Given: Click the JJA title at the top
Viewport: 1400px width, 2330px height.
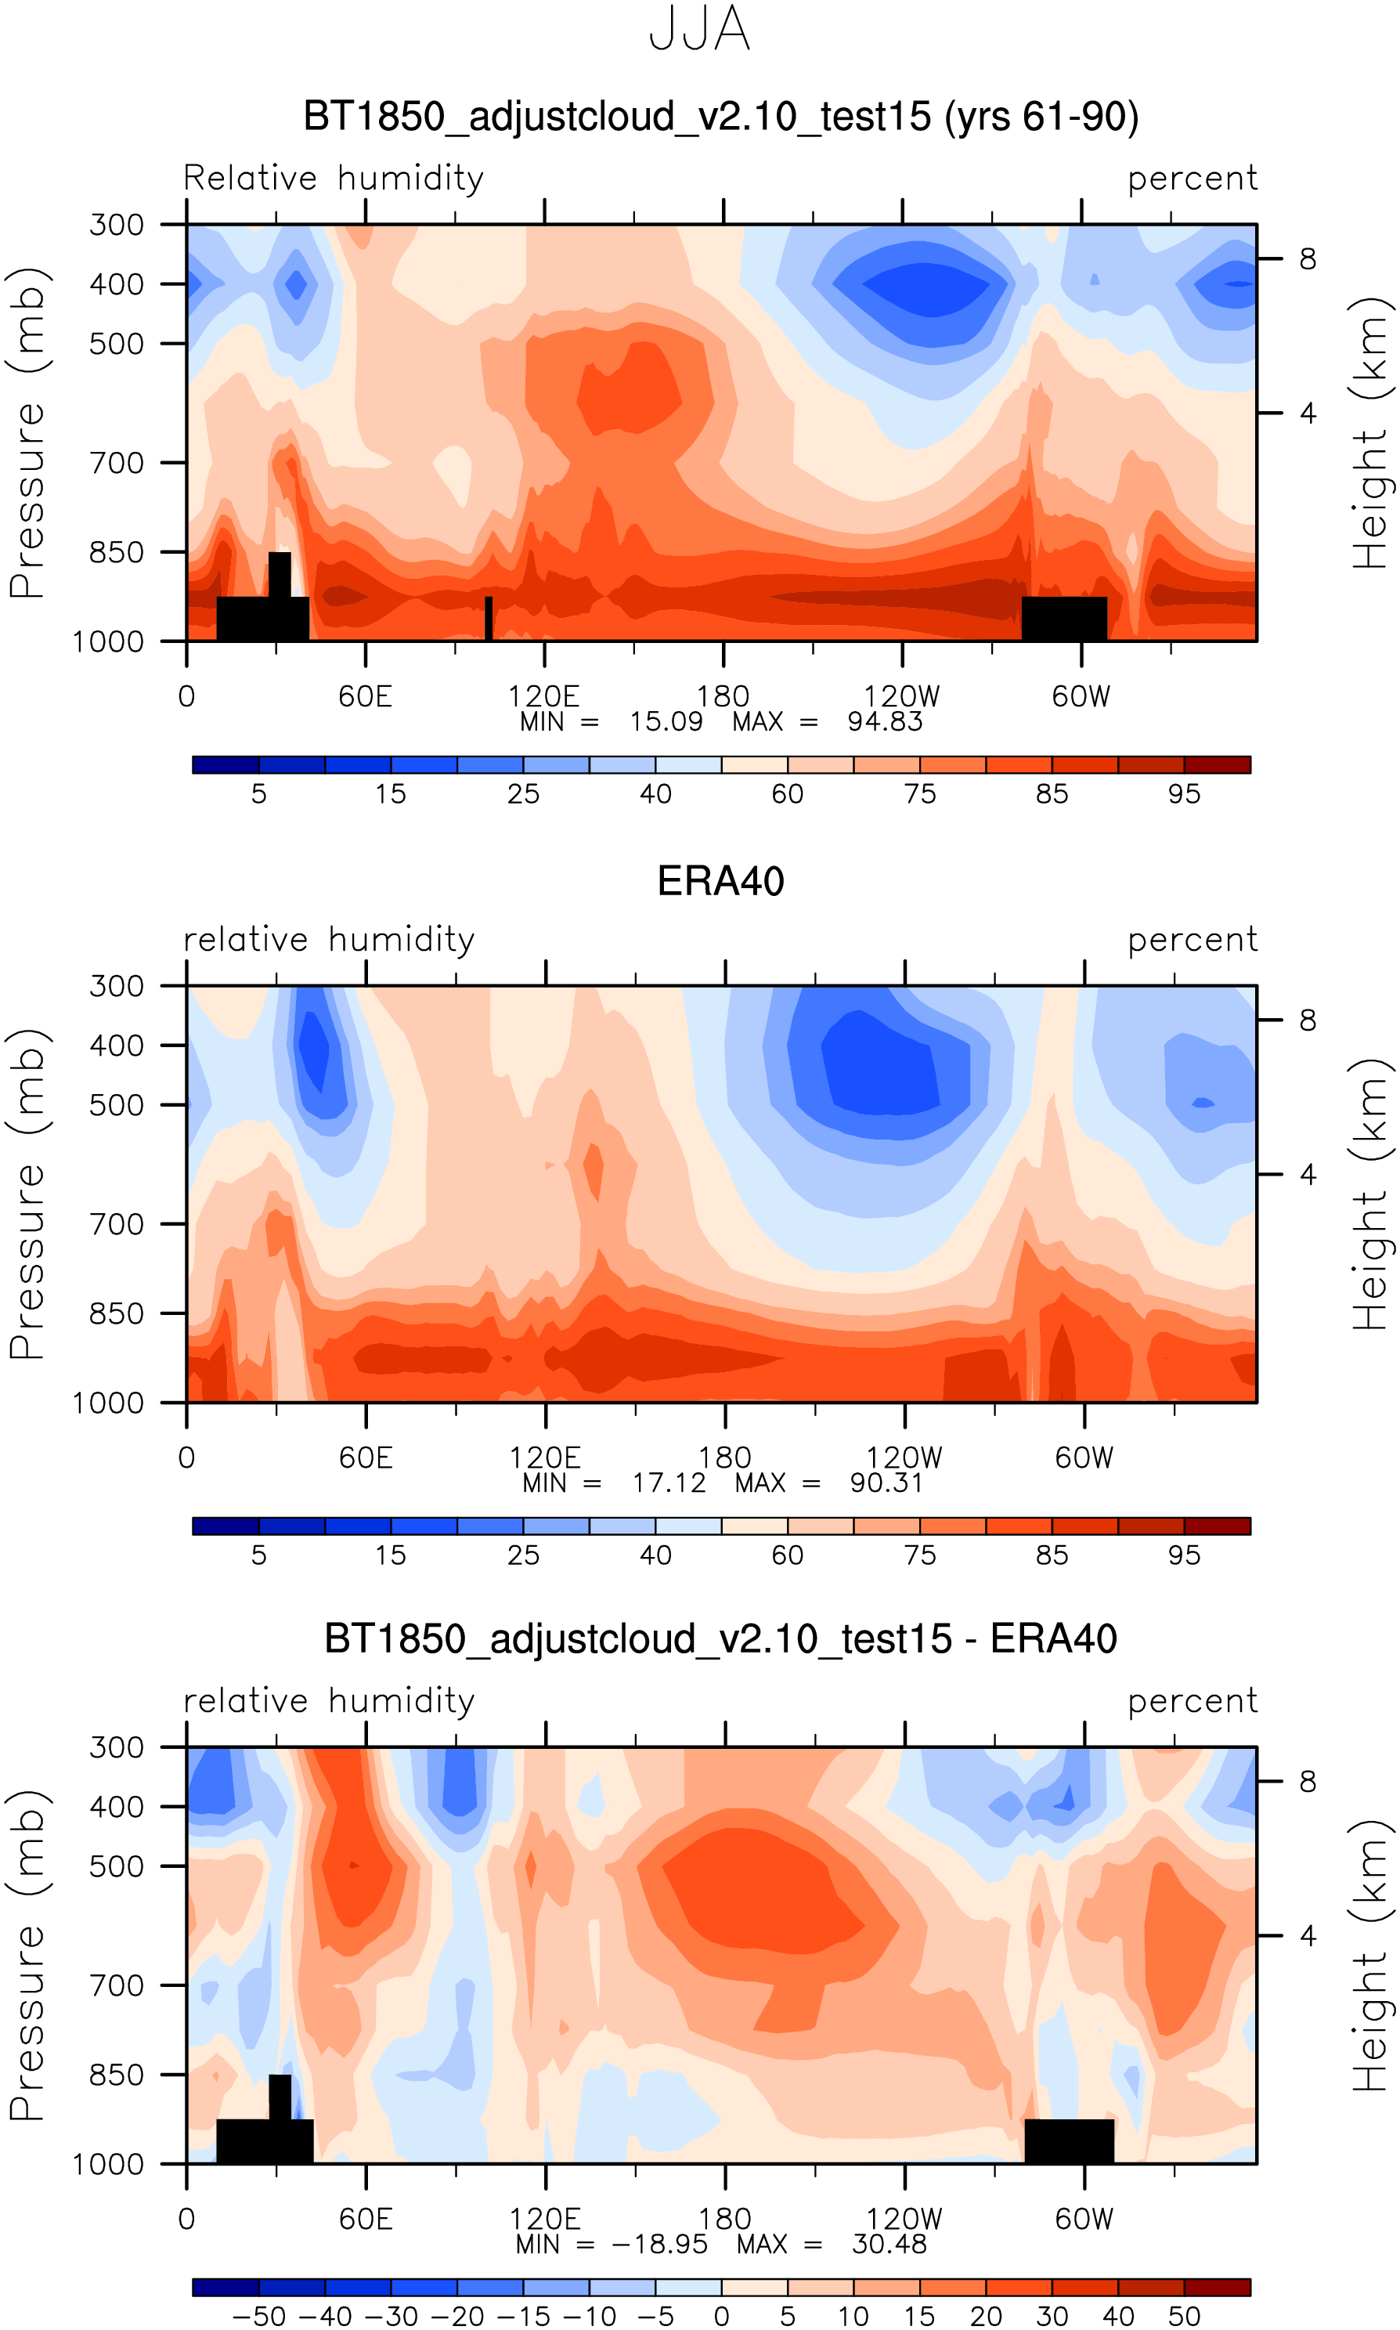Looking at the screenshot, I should (x=699, y=31).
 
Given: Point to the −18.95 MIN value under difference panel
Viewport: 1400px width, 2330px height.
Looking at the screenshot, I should (x=659, y=2244).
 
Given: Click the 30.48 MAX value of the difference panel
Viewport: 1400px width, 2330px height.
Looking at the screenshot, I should (x=889, y=2244).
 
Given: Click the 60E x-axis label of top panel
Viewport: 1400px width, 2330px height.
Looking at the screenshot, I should (x=365, y=697).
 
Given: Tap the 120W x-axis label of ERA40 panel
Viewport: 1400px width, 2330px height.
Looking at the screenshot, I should (x=904, y=1458).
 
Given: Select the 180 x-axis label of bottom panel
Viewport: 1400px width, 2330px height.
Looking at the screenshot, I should (x=724, y=2219).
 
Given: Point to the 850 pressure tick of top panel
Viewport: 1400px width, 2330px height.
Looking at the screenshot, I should (x=116, y=552).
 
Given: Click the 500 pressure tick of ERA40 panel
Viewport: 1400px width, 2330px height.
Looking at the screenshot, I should (x=116, y=1104).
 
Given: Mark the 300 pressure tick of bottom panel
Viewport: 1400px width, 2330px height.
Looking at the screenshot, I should (x=116, y=1747).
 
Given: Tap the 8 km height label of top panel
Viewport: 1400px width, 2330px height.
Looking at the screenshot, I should (x=1308, y=259).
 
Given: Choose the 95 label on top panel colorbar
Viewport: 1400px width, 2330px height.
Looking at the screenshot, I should (x=1184, y=794).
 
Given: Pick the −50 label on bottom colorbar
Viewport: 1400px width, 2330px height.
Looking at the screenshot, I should (x=258, y=2317).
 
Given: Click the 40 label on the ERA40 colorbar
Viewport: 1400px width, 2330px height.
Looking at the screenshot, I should (x=655, y=1555).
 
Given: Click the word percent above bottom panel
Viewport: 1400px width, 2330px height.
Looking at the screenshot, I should (x=1193, y=1701).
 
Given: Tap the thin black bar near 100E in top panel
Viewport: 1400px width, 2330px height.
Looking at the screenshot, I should (x=489, y=619).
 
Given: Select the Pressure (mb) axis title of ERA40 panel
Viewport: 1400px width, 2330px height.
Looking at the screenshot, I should (x=28, y=1194).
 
